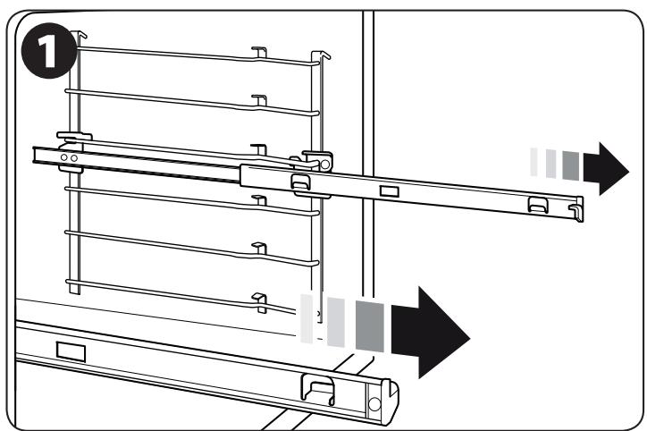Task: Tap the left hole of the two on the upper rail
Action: click(x=63, y=157)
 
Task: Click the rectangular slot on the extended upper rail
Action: click(x=389, y=190)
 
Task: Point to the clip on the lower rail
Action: click(x=317, y=387)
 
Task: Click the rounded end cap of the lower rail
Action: click(x=388, y=399)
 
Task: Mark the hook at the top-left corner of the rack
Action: click(x=81, y=38)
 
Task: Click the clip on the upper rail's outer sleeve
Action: click(x=300, y=180)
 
